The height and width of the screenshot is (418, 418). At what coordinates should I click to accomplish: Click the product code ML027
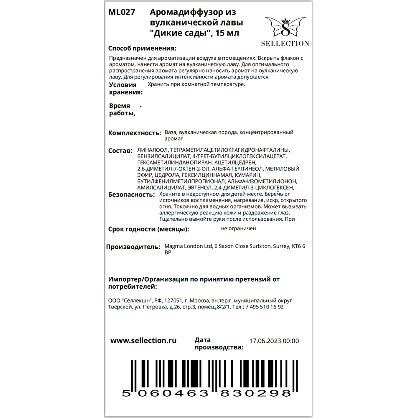click(122, 13)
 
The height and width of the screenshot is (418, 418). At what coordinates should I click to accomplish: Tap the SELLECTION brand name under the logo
click(285, 43)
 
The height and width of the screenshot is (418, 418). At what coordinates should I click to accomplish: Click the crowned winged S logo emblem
click(285, 28)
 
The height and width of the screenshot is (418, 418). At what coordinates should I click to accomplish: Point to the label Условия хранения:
click(125, 89)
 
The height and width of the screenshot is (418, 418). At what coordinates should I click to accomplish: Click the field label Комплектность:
click(134, 133)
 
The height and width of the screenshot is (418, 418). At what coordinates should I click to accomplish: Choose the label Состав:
click(120, 150)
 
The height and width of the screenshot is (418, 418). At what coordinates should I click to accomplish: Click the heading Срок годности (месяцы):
click(148, 229)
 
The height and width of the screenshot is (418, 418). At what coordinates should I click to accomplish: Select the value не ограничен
click(239, 228)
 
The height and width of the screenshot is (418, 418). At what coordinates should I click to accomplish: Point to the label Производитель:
click(133, 247)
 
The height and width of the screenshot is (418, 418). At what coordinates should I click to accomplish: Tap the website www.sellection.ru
click(143, 341)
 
